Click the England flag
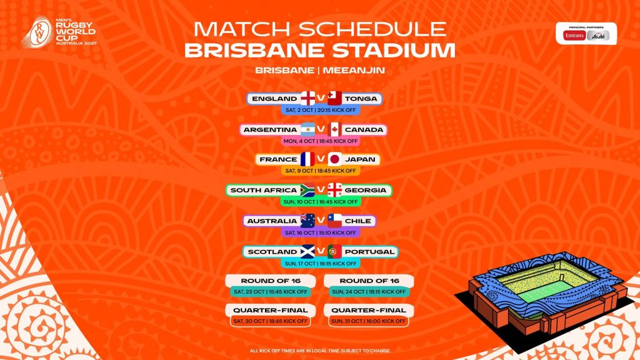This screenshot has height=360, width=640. (308, 99)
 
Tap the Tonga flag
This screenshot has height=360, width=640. (334, 99)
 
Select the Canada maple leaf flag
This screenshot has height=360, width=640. (334, 129)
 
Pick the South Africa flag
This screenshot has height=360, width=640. (308, 190)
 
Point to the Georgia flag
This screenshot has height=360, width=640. (334, 190)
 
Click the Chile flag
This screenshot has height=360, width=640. (334, 221)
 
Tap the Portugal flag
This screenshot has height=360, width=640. (334, 251)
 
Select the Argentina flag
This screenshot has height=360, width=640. (307, 129)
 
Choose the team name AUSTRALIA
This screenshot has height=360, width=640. (272, 221)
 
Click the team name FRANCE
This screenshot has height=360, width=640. (278, 159)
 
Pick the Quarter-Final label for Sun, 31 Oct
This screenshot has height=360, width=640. (369, 310)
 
